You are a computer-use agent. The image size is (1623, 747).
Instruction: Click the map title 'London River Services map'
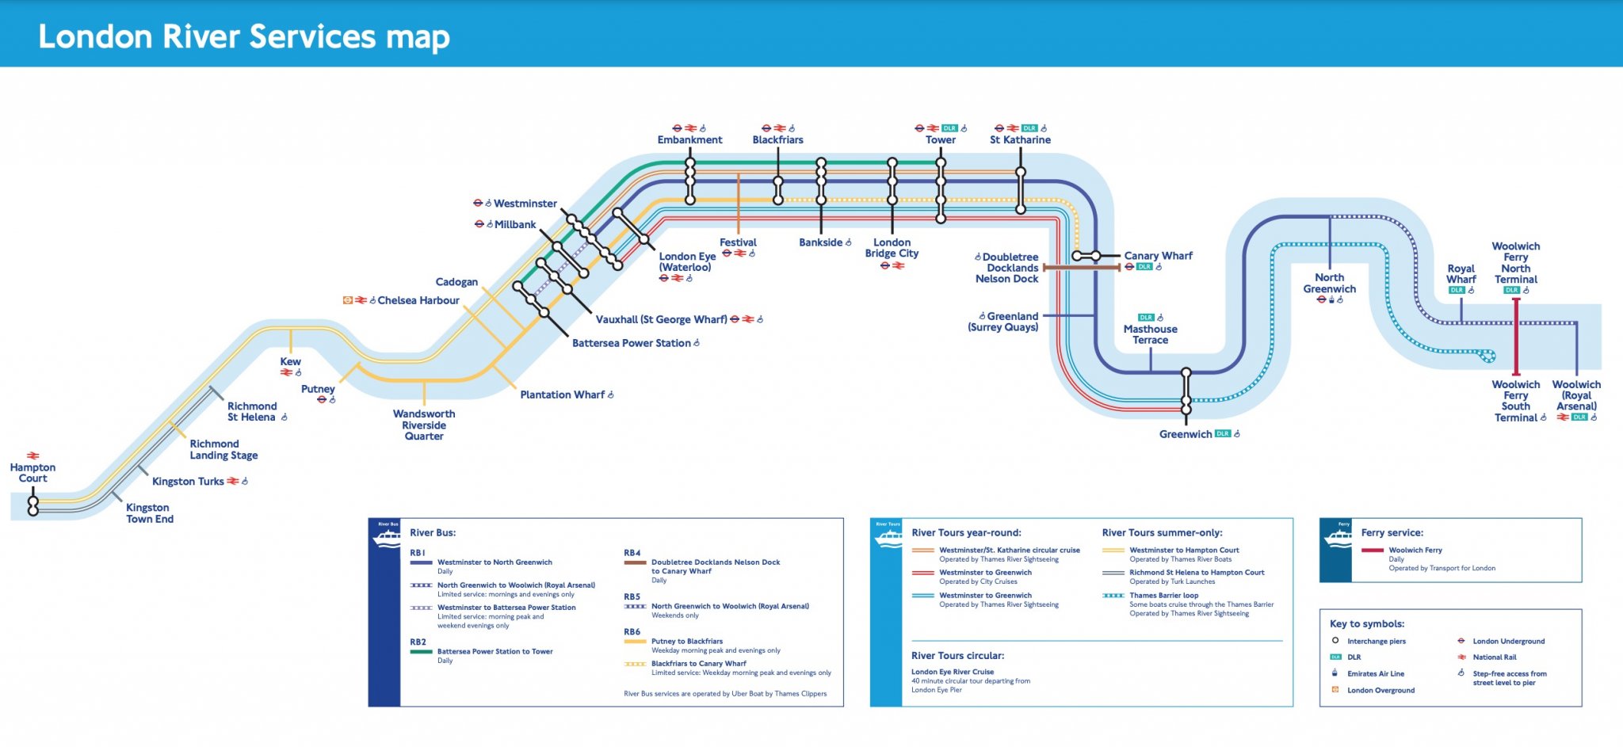tap(244, 36)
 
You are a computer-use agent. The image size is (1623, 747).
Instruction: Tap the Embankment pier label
tap(689, 140)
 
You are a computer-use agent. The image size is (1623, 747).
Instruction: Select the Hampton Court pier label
tap(32, 473)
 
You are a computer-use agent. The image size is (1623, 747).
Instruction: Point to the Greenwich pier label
tap(1186, 434)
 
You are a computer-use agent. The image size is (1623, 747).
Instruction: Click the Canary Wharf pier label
tap(1158, 256)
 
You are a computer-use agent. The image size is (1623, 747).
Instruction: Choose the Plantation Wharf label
tap(562, 394)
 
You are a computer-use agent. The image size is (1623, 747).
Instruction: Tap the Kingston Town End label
tap(150, 513)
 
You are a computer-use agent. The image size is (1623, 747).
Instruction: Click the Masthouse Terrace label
tap(1150, 334)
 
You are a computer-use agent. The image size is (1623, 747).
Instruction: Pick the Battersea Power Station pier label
tap(631, 343)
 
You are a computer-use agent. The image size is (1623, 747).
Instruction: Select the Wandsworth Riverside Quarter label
tap(424, 425)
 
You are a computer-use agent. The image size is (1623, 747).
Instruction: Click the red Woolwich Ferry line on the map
tap(1515, 349)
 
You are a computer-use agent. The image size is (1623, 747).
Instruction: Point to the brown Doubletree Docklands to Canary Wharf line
tap(1082, 268)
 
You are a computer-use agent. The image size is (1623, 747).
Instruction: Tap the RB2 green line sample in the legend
tap(421, 652)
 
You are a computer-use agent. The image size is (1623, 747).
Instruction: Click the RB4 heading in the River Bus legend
tap(632, 553)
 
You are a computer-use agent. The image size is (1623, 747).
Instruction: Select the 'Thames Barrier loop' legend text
tap(1163, 596)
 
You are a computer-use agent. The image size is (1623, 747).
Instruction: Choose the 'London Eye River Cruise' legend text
tap(952, 672)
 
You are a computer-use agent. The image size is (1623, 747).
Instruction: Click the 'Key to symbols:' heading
tap(1366, 624)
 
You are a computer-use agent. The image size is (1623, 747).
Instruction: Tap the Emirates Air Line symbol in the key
tap(1335, 673)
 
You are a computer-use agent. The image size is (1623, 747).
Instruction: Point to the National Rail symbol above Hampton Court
tap(32, 455)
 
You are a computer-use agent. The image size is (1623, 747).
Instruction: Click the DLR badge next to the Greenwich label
tap(1222, 434)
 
